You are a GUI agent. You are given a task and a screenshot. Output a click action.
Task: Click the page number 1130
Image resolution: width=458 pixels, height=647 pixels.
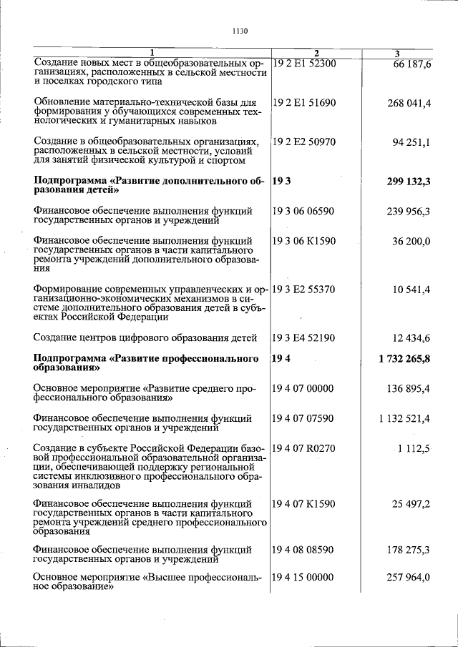240,31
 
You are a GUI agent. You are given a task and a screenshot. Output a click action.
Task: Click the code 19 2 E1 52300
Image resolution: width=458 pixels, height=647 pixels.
304,64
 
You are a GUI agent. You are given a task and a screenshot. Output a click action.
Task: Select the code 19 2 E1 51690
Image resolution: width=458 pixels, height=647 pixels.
304,104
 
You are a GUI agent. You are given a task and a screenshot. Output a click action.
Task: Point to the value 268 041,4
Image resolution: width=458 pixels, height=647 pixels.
409,104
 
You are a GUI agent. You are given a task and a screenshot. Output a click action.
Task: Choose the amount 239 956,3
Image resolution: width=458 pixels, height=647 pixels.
409,211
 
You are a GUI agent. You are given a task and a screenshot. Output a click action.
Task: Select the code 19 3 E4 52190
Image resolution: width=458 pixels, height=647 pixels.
304,337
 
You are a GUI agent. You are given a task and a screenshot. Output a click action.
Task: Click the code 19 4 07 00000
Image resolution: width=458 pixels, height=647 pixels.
304,388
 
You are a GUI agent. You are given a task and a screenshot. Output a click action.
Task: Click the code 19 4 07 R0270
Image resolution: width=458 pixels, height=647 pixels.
304,448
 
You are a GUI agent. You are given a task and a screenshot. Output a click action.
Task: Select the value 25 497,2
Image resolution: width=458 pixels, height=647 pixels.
411,505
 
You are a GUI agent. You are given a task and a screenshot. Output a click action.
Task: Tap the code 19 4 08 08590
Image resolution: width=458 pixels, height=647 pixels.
304,550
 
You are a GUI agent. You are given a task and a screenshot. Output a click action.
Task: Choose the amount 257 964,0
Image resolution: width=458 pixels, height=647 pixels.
409,578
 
